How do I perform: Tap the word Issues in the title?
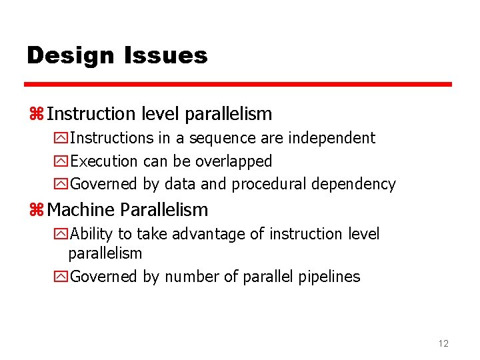pos(166,55)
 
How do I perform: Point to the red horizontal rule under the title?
pos(238,85)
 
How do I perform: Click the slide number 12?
pos(443,343)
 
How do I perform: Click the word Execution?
pos(104,161)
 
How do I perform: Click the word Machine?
pos(81,210)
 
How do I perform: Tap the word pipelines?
pos(328,277)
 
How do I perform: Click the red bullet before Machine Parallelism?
pos(36,210)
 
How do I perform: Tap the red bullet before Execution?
pos(61,161)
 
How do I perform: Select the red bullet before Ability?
pos(61,235)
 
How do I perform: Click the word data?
pos(179,184)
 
